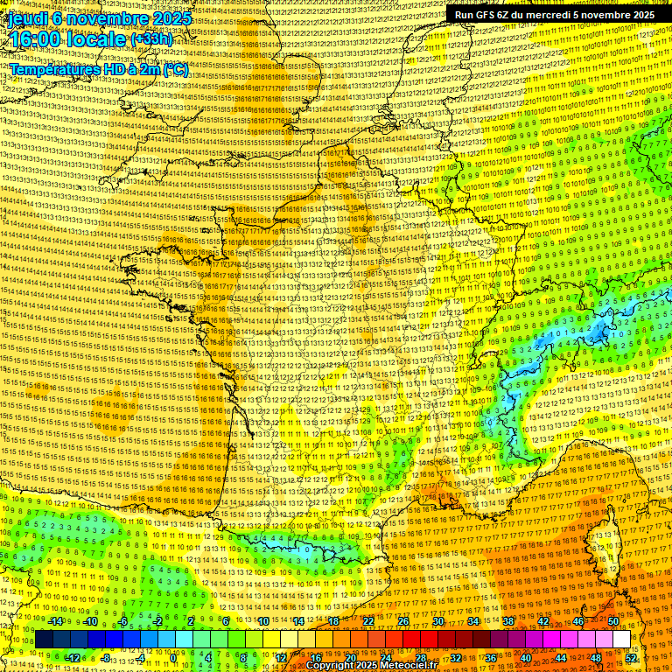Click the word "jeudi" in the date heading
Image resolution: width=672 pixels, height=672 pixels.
point(27,17)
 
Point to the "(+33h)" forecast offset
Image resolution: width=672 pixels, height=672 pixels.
point(151,39)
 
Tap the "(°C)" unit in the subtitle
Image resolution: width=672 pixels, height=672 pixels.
point(174,69)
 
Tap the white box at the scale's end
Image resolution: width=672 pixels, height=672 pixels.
point(621,640)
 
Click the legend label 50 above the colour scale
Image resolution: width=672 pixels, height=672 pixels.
point(613,621)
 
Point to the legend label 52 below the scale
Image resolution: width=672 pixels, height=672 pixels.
point(631,658)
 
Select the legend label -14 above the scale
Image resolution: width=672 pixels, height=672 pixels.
point(55,621)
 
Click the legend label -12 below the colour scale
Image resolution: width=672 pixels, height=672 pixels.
point(73,658)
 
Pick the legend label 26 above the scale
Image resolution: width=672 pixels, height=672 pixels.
point(403,621)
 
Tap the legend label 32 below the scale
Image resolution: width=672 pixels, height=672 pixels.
point(456,658)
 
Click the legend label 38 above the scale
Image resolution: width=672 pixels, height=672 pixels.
point(508,621)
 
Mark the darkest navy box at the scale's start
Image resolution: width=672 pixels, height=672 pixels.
point(44,640)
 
